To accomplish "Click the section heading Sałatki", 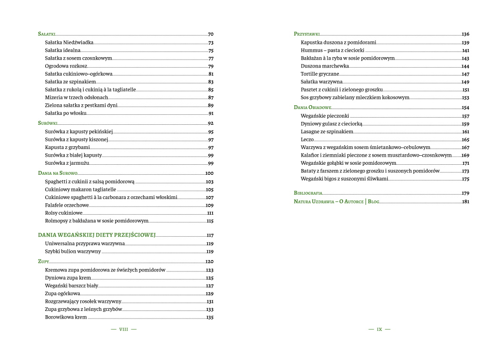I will (x=47, y=34).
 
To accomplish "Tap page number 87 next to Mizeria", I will (x=210, y=98).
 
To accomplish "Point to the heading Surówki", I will (x=48, y=123).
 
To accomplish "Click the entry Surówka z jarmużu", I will (x=67, y=163).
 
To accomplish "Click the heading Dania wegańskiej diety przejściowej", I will (x=97, y=235).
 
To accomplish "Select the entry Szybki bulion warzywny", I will (x=73, y=251).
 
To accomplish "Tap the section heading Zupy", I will (x=43, y=262).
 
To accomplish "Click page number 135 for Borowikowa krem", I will (x=209, y=317).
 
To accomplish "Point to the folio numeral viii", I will (x=124, y=329).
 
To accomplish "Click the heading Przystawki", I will (x=306, y=34).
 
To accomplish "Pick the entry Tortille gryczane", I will (x=320, y=74).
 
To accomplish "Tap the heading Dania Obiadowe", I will (x=312, y=108).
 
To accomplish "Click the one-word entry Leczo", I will (x=307, y=140).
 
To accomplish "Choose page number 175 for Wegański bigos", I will (x=465, y=179).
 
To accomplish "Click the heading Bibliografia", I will (x=308, y=193).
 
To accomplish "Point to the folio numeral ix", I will (x=379, y=329).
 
